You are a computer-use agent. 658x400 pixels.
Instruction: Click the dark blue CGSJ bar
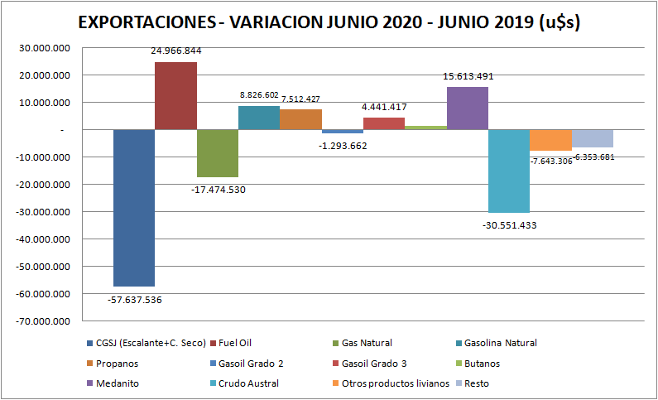coord(134,207)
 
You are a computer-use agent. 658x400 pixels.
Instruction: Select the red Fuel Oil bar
coord(175,95)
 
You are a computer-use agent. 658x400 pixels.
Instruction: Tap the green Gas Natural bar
coord(218,153)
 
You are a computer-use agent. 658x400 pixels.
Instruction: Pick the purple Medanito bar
coord(468,108)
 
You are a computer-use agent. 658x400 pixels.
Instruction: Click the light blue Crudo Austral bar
coord(509,171)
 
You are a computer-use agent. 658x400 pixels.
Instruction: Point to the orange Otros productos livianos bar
coord(550,140)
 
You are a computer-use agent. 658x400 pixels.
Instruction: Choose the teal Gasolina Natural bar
coord(259,118)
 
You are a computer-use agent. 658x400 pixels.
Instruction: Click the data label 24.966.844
coord(175,51)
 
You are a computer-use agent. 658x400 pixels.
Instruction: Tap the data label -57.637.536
coord(134,300)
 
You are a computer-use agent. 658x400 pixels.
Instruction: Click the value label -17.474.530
coord(218,190)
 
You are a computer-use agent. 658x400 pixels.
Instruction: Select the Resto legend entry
coord(477,383)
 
